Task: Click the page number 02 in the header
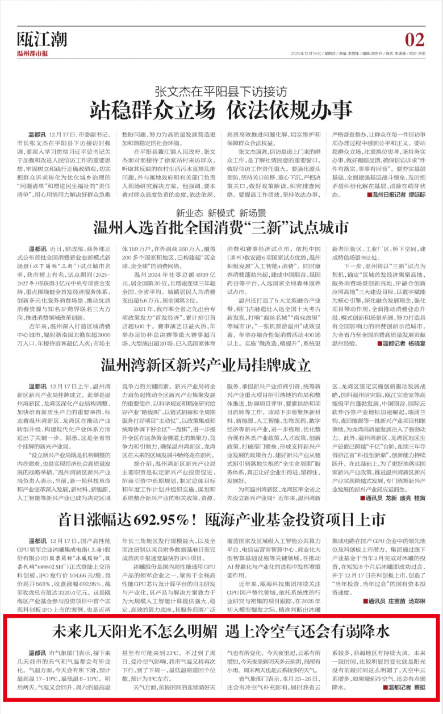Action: pyautogui.click(x=415, y=40)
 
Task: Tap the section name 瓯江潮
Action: pyautogui.click(x=42, y=40)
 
